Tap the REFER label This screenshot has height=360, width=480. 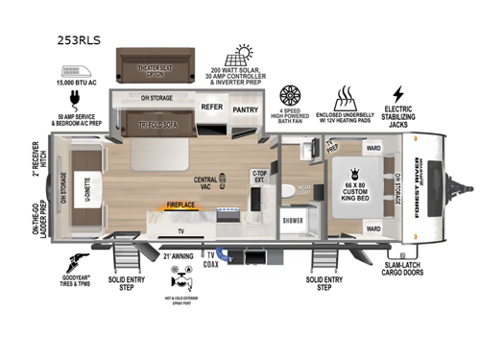click(x=211, y=108)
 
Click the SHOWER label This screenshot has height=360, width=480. click(x=292, y=219)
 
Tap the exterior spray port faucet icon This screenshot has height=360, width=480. click(x=180, y=278)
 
